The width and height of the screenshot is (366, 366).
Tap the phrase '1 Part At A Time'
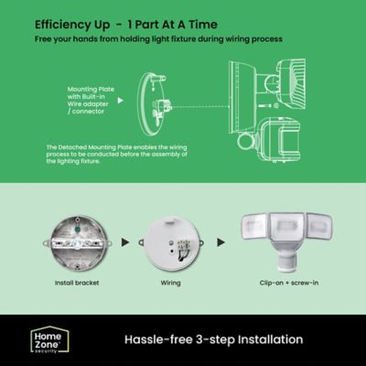tap(173, 23)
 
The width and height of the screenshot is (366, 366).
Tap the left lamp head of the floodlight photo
tap(254, 229)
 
